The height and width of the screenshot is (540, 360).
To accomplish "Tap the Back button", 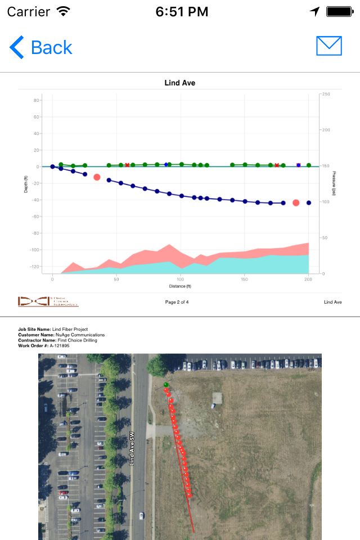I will [x=41, y=47].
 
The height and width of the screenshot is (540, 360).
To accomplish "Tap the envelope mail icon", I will [x=329, y=46].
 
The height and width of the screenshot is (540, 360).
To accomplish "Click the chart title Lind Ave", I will [x=180, y=83].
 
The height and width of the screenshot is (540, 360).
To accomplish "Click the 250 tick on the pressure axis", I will [x=325, y=94].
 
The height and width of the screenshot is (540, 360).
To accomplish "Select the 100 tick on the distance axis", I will [x=180, y=279].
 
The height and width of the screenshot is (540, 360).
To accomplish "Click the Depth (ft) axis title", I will [x=26, y=183].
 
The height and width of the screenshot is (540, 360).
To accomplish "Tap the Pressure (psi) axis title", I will [x=334, y=183].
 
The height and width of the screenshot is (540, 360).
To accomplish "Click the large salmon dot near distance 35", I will [x=97, y=177].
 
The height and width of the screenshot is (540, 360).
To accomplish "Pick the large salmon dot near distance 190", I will [x=296, y=202].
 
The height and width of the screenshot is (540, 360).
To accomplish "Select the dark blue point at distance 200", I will [x=309, y=202].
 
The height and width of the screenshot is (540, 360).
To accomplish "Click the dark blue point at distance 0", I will [x=52, y=166].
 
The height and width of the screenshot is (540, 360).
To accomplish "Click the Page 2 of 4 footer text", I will [x=177, y=302].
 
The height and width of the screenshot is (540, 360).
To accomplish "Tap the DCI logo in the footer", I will [x=48, y=302].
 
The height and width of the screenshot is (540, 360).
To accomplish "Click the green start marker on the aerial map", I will [x=166, y=385].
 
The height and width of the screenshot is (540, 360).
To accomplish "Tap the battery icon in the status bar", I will [x=339, y=11].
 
